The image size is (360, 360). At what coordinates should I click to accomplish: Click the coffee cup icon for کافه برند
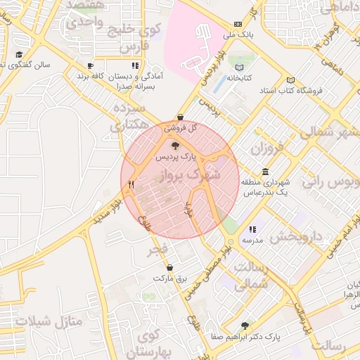89,65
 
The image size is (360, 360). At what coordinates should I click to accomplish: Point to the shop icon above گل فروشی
181,117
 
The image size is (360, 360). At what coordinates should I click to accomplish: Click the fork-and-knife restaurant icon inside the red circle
131,184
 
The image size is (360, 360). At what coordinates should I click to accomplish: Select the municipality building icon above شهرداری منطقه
264,172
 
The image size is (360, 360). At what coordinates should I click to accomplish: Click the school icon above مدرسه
252,229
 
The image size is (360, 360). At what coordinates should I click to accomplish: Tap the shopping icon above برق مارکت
170,268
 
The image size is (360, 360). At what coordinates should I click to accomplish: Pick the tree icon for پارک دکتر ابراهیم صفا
245,326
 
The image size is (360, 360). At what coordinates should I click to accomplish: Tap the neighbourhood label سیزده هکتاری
129,117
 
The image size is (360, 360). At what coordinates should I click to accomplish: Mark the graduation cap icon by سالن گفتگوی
18,55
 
